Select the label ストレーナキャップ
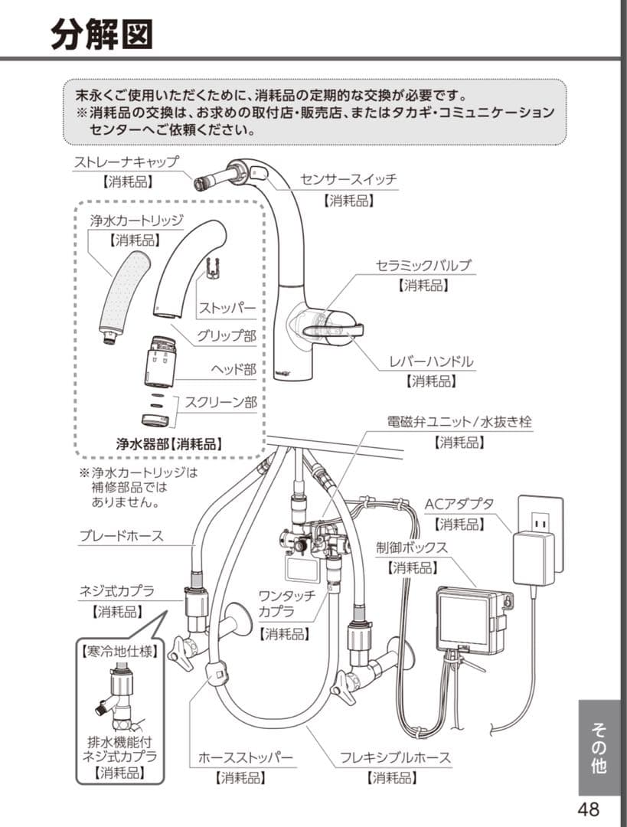click(x=126, y=162)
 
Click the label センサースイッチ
click(x=348, y=179)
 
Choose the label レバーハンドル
click(x=431, y=361)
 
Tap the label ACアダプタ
click(x=459, y=504)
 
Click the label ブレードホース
click(x=121, y=535)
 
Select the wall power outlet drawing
click(x=540, y=521)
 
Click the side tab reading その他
click(x=599, y=747)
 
